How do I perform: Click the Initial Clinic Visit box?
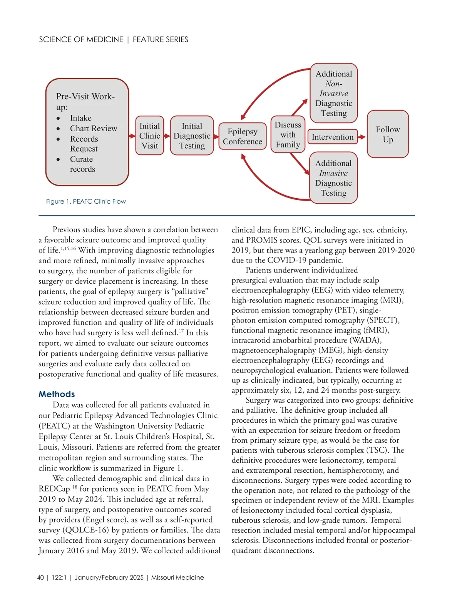click(150, 136)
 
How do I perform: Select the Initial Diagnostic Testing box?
click(192, 136)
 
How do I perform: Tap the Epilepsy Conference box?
click(242, 136)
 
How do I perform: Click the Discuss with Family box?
click(288, 135)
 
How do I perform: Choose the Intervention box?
click(332, 137)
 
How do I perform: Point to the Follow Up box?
click(388, 134)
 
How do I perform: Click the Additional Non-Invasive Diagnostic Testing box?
click(334, 93)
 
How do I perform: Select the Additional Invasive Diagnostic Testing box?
click(333, 178)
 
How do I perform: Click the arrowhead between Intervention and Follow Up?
click(362, 137)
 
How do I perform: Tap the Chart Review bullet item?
click(93, 129)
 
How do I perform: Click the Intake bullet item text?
click(80, 118)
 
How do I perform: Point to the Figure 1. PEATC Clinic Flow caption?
click(86, 201)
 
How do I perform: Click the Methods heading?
click(57, 394)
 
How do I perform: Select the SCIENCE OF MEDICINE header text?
click(81, 40)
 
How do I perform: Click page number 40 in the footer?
click(40, 577)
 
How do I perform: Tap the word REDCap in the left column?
click(54, 489)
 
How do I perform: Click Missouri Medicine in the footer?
click(177, 577)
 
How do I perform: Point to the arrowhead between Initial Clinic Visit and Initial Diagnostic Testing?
click(167, 136)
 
